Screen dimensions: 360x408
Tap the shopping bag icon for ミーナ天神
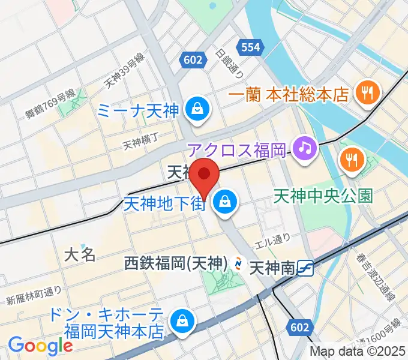click(x=196, y=110)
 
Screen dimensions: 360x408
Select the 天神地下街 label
click(x=166, y=203)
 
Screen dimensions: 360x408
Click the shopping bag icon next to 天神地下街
click(x=225, y=202)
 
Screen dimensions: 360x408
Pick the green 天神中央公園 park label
click(x=323, y=196)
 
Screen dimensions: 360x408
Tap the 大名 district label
click(x=80, y=254)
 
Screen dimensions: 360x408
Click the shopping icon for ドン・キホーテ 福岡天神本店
click(x=181, y=322)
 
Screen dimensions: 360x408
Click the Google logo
click(x=40, y=345)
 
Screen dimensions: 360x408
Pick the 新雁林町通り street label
click(x=34, y=296)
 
